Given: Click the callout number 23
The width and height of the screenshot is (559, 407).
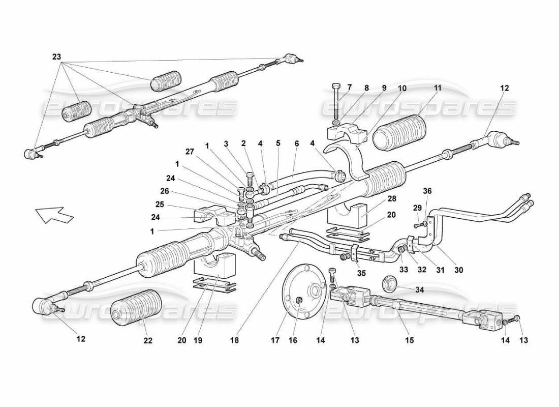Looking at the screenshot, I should (x=56, y=57).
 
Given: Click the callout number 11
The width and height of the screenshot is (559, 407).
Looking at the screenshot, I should (x=438, y=88).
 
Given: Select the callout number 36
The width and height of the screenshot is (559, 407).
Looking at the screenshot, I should (x=427, y=191).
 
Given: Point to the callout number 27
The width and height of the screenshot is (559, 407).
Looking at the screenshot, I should (x=190, y=151).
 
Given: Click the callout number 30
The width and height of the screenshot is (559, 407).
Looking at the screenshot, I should (x=459, y=270).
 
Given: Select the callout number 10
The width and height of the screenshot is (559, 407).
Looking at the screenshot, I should (x=402, y=88).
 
